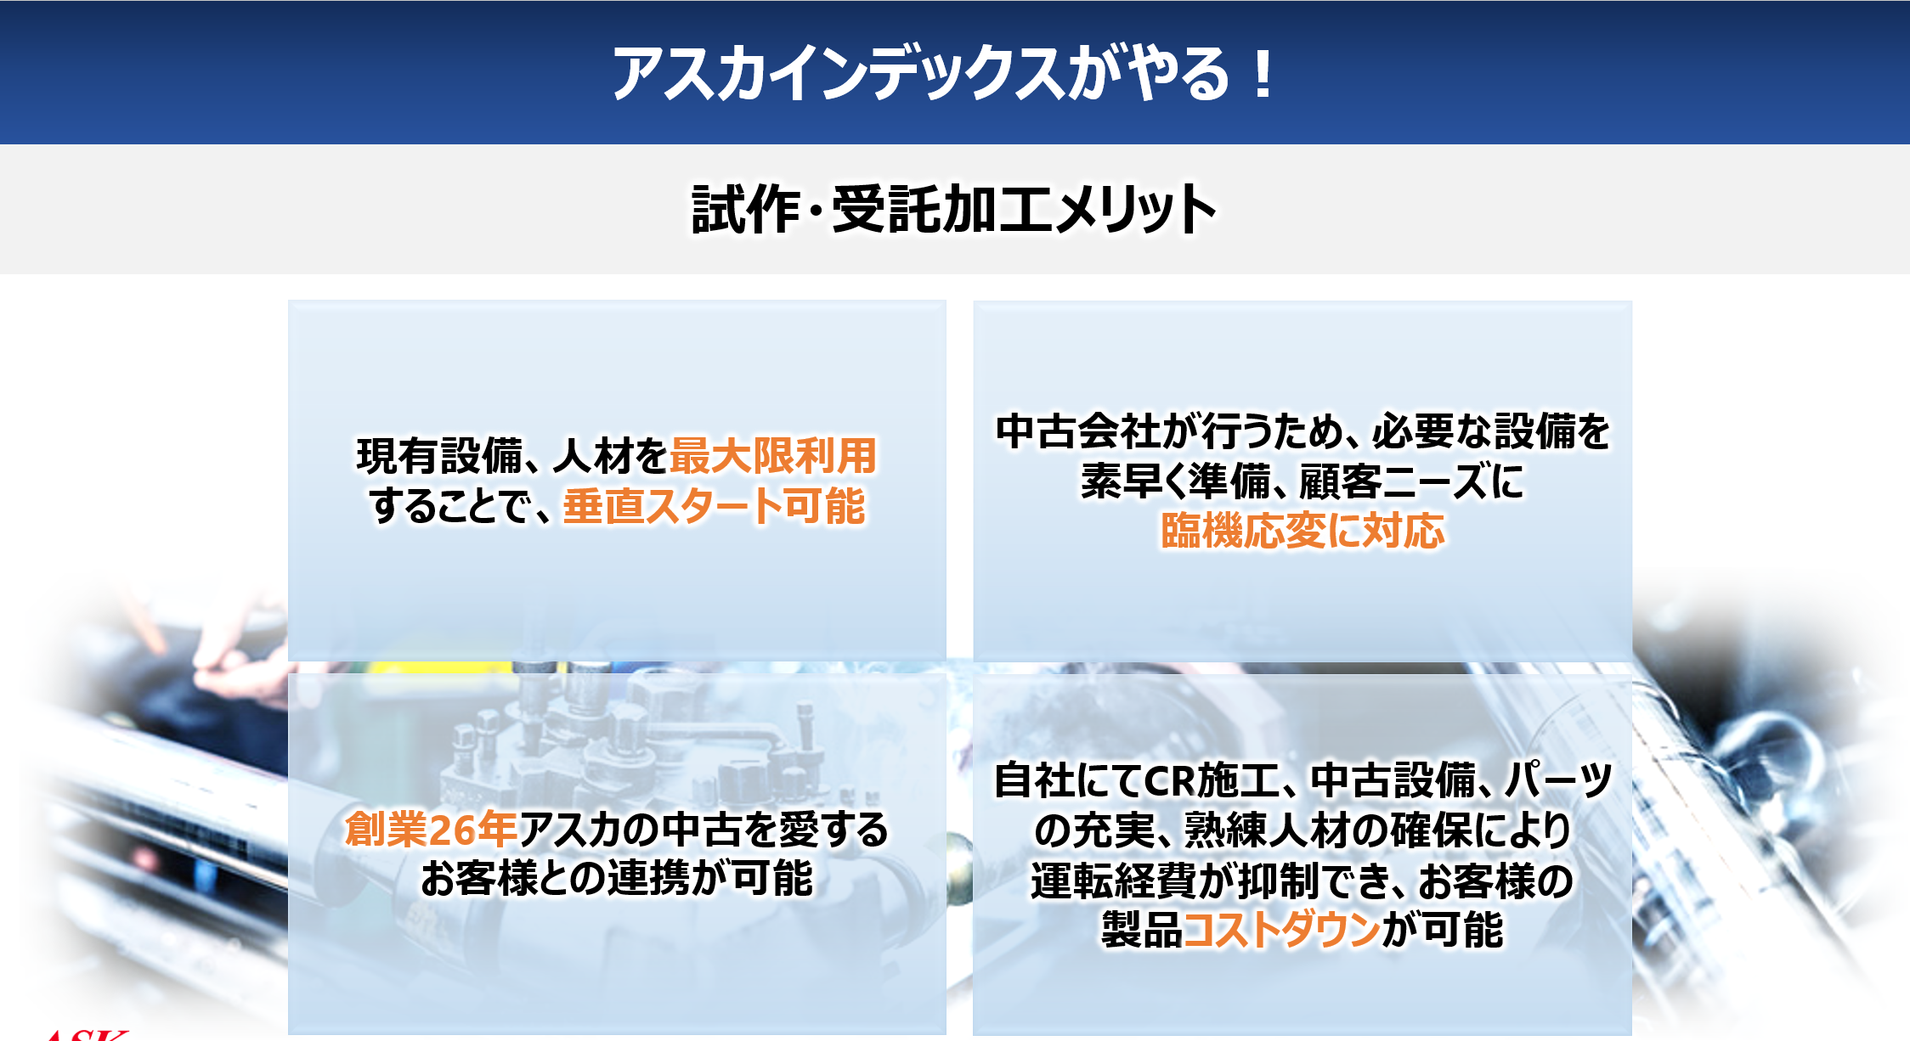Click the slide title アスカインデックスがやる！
tap(943, 74)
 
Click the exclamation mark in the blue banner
tap(1263, 74)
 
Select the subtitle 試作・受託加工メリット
tap(954, 209)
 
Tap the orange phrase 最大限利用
tap(773, 456)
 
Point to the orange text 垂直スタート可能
tap(714, 506)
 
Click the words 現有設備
tap(439, 456)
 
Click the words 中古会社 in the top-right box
tap(1078, 431)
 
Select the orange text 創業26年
tap(431, 830)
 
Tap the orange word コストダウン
tap(1282, 930)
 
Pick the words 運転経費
tap(1113, 881)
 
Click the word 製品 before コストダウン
tap(1142, 930)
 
